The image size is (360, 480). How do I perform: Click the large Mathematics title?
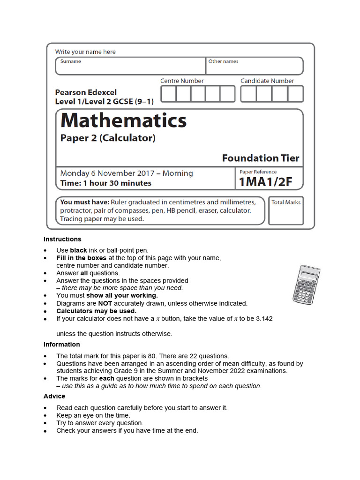click(123, 121)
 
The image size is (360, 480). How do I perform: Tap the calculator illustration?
click(306, 284)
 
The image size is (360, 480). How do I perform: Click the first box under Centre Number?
click(168, 94)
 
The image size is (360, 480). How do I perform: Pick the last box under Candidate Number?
click(296, 94)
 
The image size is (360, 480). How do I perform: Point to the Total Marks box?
click(286, 211)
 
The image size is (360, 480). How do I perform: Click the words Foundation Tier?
click(260, 158)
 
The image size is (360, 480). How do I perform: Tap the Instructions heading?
click(62, 239)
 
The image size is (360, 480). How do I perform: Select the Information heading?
click(62, 345)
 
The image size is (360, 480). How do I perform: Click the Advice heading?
click(54, 396)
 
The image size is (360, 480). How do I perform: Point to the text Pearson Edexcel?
click(86, 92)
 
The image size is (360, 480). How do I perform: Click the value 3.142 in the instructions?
click(263, 318)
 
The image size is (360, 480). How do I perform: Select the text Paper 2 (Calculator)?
click(108, 138)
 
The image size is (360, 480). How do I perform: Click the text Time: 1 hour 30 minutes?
click(106, 183)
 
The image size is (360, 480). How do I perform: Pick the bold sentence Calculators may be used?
click(97, 311)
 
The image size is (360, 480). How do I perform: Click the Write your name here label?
click(85, 52)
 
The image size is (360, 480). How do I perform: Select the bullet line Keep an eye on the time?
click(93, 415)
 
